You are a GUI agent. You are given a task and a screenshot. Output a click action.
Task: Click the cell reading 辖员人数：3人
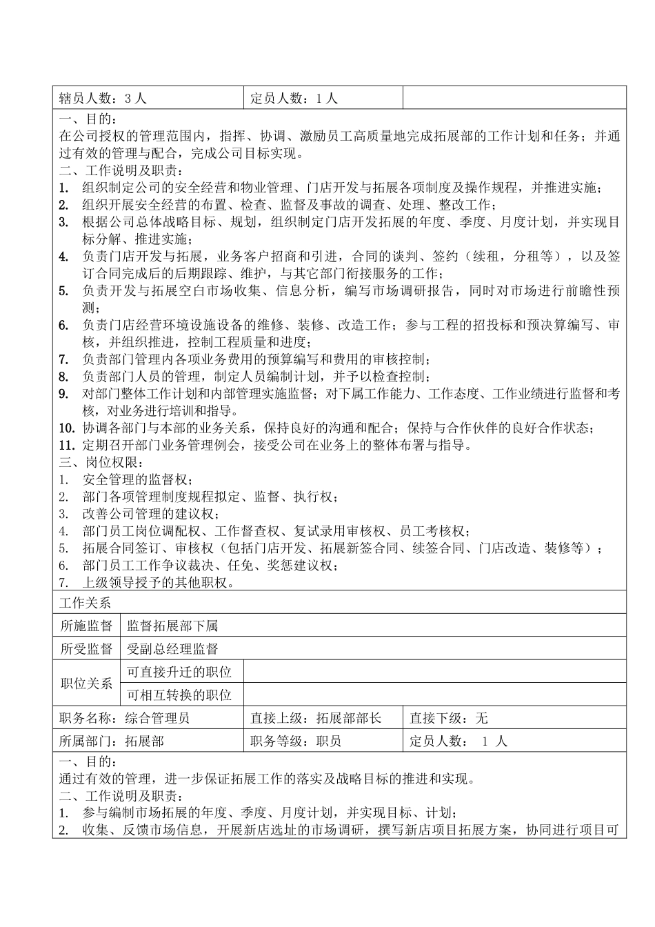coord(103,99)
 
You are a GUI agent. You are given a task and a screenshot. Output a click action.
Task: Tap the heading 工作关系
coord(85,603)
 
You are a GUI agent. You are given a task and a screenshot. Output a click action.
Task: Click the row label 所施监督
coord(86,626)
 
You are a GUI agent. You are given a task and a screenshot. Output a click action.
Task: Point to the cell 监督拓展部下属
coord(172,626)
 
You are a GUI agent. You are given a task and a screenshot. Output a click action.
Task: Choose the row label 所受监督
coord(86,648)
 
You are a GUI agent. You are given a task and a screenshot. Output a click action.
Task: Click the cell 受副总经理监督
coord(172,648)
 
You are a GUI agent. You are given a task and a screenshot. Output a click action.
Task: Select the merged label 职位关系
coord(86,684)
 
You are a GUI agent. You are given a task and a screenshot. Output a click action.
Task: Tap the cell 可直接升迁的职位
coord(179,672)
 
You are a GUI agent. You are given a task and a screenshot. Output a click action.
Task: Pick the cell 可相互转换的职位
coord(179,695)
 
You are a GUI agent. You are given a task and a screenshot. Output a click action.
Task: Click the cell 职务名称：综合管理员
coord(125,718)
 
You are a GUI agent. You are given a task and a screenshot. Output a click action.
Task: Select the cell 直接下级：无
coord(449,718)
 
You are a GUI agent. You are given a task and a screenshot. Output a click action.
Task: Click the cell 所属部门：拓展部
coord(112,741)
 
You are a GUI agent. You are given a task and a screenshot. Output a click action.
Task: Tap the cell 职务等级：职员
coord(296,741)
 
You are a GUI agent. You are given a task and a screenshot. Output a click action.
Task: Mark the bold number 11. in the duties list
coord(66,445)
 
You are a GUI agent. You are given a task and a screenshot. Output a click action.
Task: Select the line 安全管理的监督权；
coord(139,479)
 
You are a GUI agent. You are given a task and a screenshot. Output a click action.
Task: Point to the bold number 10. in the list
coord(66,428)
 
